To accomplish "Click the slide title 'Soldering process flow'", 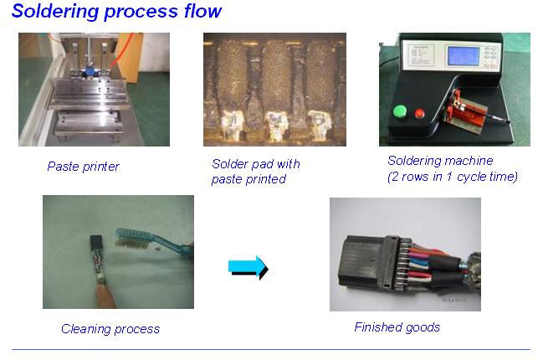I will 117,12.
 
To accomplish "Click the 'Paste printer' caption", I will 83,167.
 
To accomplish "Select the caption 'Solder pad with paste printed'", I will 255,172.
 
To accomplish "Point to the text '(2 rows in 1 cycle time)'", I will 453,177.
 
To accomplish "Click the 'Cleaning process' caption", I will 110,329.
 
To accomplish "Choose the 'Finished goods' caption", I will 397,327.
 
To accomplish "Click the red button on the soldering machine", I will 419,111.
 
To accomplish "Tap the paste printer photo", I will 94,90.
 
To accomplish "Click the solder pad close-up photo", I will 274,90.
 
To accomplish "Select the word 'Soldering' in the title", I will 50,12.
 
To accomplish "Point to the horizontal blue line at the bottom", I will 271,349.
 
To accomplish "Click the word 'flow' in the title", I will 204,12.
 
